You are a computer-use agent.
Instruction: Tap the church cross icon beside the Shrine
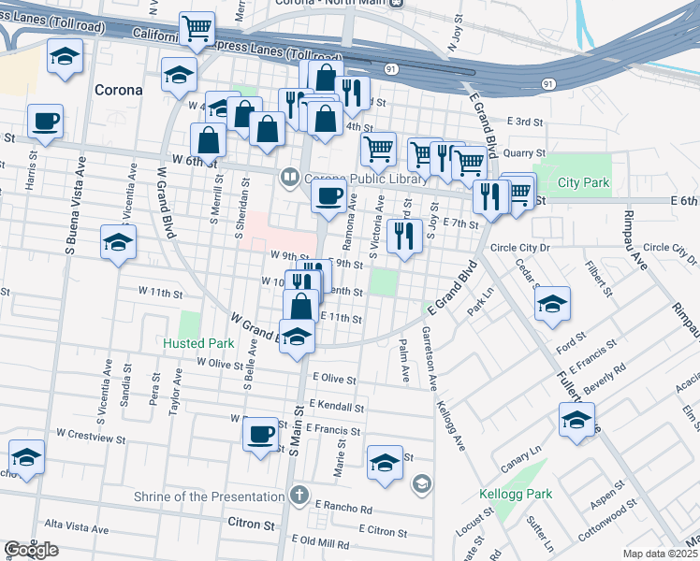click(x=299, y=494)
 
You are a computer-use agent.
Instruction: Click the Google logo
click(x=31, y=551)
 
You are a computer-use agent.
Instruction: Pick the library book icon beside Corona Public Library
click(x=291, y=176)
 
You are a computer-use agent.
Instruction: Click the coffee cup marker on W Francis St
click(x=260, y=435)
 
